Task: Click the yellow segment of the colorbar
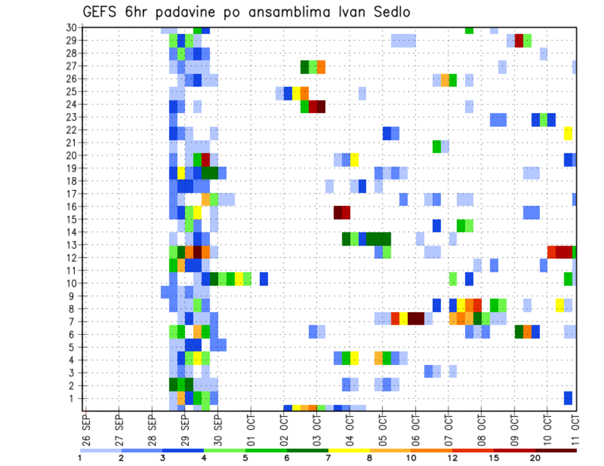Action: coord(349,450)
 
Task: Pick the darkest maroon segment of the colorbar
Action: coord(556,450)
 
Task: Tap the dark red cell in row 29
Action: coord(519,41)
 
